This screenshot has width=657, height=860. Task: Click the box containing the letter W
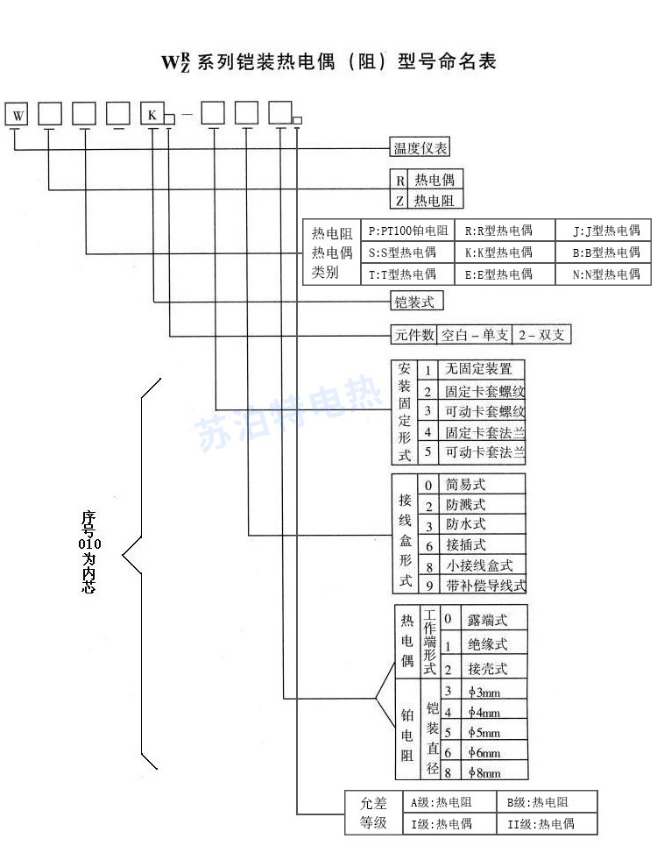[x=18, y=114]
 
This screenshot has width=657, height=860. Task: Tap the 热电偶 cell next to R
[x=434, y=180]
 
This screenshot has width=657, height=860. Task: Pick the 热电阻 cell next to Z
[x=434, y=201]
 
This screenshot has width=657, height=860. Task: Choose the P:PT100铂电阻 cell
[x=408, y=231]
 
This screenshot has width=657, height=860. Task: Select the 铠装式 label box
[x=415, y=302]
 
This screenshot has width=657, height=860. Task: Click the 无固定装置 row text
[x=479, y=369]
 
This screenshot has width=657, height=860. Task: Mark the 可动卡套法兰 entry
[x=484, y=453]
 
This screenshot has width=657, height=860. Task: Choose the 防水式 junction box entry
[x=466, y=524]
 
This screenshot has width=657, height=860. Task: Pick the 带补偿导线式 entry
[x=485, y=585]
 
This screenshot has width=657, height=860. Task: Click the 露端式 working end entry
[x=488, y=620]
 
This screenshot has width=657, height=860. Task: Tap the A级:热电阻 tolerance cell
[x=449, y=802]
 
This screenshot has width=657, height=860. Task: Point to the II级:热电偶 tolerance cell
[x=547, y=823]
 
